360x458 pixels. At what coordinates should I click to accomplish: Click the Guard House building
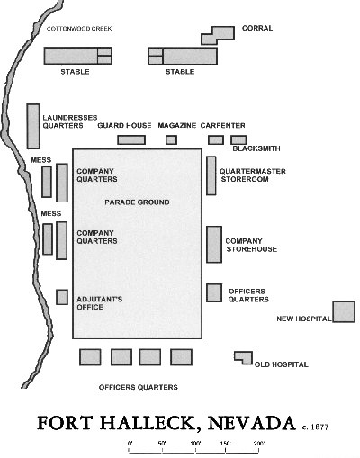pos(130,139)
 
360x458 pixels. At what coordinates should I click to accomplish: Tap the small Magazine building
pos(171,139)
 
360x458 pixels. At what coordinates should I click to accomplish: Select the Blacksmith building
pos(238,139)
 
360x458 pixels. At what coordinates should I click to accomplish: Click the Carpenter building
pos(216,139)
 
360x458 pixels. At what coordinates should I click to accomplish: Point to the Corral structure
pos(216,34)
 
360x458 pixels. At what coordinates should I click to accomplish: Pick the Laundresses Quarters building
pos(33,126)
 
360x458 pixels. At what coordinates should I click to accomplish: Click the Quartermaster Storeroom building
pos(211,175)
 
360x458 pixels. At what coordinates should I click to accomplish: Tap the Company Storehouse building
pos(213,244)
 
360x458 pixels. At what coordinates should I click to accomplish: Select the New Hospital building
pos(344,311)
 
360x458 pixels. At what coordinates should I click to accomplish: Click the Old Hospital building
pos(243,357)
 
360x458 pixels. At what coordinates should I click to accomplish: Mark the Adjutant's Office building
pos(62,297)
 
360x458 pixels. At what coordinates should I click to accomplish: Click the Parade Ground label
pos(137,202)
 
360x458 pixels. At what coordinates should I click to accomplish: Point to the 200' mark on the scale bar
pos(258,444)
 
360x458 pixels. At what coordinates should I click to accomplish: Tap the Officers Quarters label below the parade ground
pos(138,387)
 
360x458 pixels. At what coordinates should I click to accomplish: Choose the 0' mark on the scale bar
pos(130,444)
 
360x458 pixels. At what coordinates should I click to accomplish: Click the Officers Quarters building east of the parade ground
pos(214,292)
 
